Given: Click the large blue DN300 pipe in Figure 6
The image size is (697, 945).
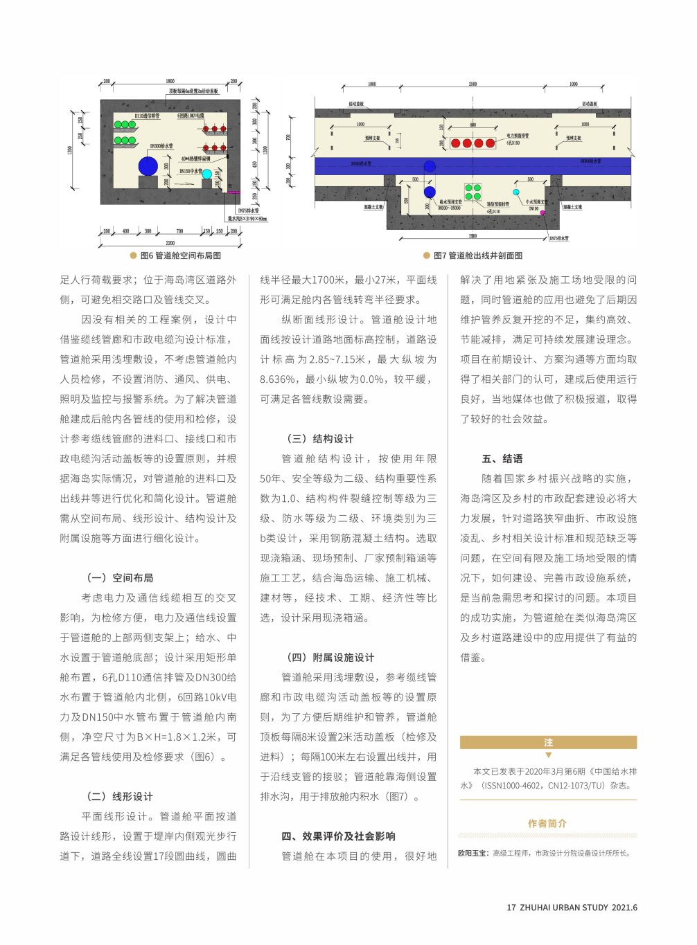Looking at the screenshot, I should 148,166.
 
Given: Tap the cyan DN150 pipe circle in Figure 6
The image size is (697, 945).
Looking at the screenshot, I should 206,174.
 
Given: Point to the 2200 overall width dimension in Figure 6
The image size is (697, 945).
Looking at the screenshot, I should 170,243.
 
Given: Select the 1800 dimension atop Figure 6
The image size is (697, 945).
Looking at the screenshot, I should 170,82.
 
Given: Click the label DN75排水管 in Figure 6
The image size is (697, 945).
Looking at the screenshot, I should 248,210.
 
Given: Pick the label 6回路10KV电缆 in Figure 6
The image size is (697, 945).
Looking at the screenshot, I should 191,116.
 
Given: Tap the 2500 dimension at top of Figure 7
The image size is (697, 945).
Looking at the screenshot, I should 473,84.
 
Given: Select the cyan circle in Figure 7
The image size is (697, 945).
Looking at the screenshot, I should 516,192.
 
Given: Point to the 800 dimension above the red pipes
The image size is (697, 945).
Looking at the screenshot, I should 473,125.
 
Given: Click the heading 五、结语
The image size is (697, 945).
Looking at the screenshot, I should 502,459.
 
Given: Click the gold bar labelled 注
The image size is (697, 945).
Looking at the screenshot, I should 548,743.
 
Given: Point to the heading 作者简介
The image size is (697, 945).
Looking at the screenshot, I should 547,824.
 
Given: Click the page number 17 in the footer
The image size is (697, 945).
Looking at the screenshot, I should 511,908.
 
